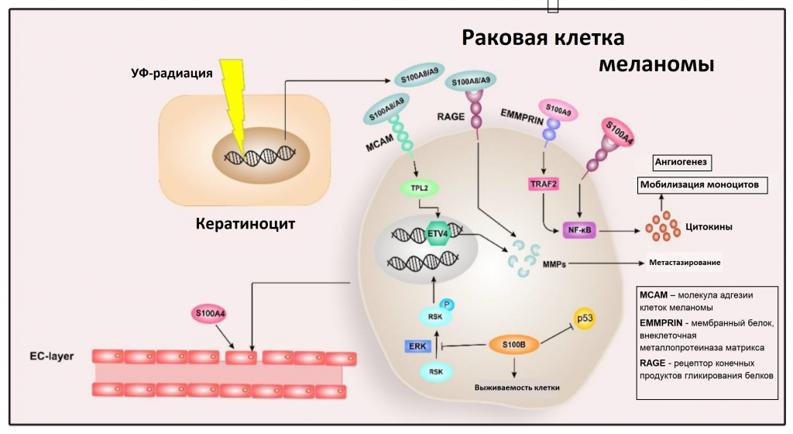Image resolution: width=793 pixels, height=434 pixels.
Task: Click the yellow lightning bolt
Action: pos(235,101)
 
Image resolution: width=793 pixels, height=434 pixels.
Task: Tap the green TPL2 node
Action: pos(417,188)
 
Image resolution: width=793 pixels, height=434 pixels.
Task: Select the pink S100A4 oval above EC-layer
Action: pos(211,315)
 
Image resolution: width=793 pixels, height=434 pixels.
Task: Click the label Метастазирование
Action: pos(685,263)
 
